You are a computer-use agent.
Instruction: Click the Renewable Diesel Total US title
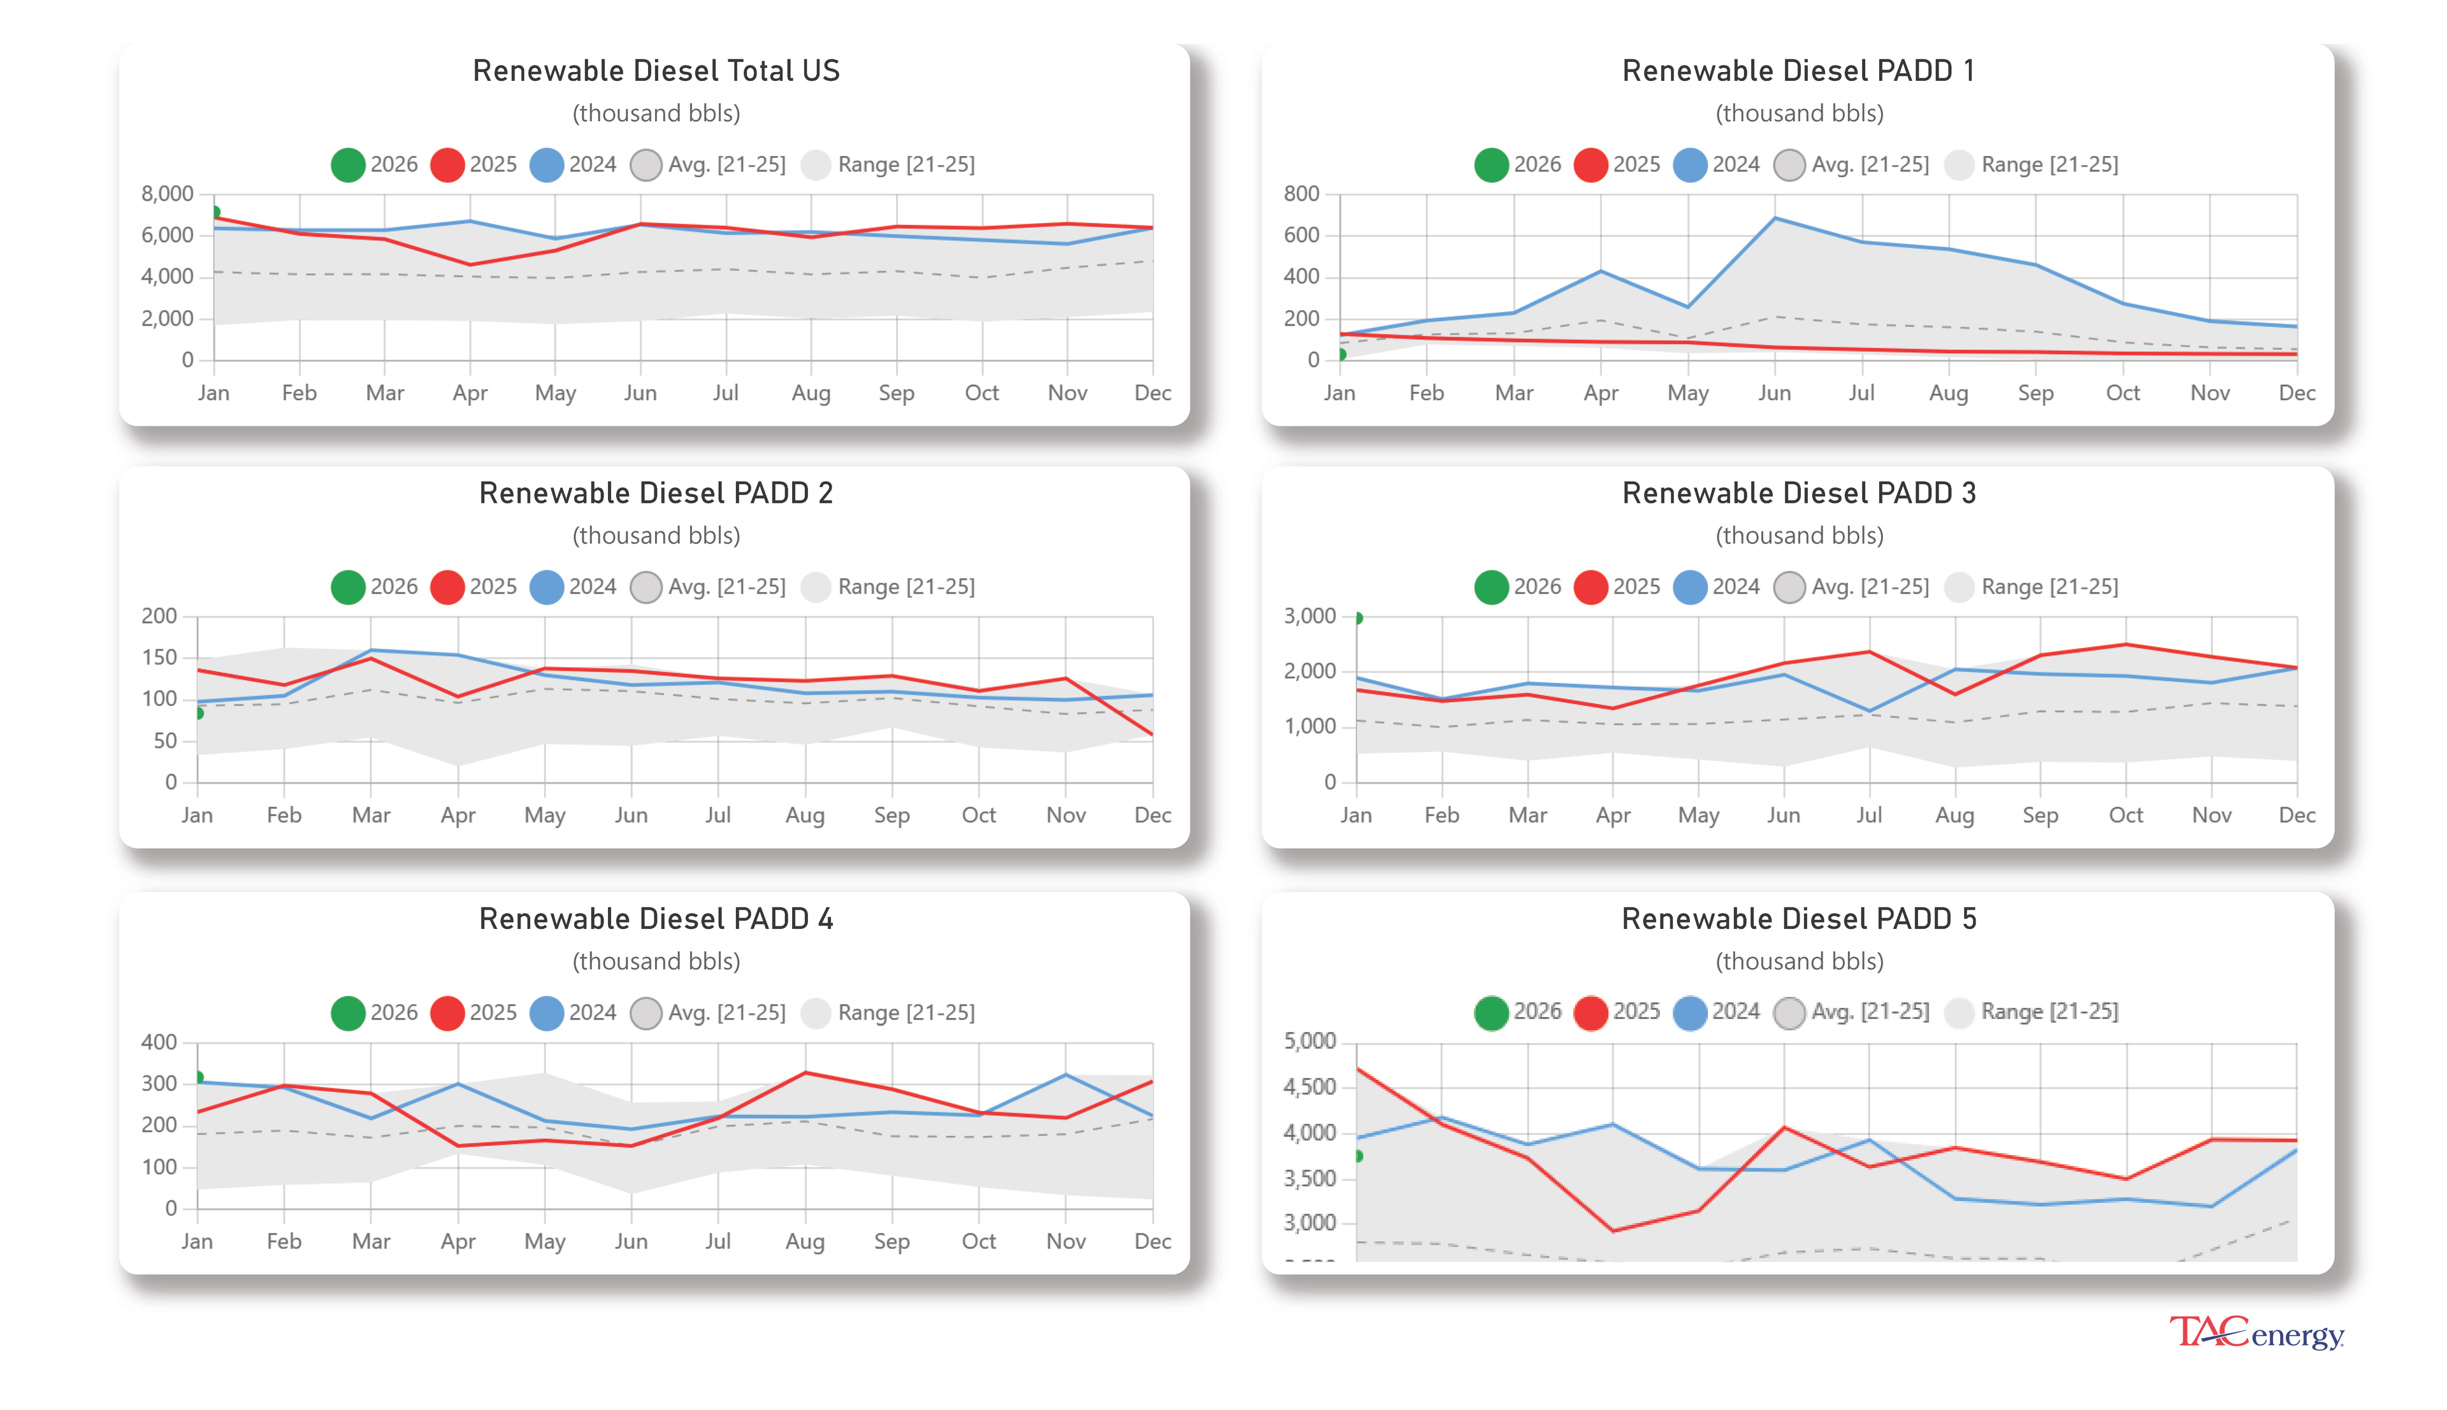(656, 71)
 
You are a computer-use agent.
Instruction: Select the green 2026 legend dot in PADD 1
(1491, 164)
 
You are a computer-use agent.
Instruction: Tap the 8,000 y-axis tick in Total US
(168, 194)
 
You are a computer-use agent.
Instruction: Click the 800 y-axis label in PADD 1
(1301, 194)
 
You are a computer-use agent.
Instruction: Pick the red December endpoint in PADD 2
(1151, 734)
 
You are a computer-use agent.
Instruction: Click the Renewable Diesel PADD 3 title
(1798, 493)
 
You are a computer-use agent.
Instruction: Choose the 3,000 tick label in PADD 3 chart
(1309, 616)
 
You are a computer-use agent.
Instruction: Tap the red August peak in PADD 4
(805, 1073)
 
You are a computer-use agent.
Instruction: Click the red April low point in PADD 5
(1612, 1231)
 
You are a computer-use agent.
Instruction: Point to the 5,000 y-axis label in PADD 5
(1309, 1042)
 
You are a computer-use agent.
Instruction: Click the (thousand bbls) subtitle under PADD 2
(656, 536)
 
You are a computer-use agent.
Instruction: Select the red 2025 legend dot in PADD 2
(447, 587)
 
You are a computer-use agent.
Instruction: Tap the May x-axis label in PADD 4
(544, 1242)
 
